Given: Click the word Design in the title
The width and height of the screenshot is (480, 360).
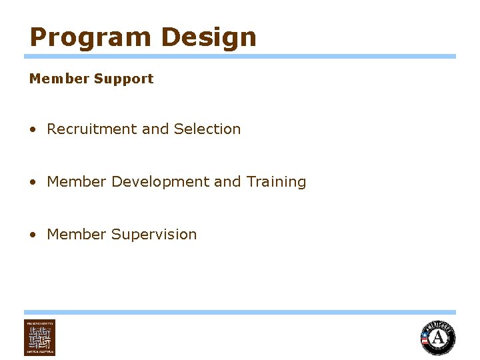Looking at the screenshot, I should click(209, 37).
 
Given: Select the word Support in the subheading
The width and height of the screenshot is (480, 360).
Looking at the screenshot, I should click(123, 79).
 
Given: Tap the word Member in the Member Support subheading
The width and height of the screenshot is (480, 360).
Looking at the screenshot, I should click(59, 79).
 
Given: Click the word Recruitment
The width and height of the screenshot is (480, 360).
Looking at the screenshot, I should click(92, 129).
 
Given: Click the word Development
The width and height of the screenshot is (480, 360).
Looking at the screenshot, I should click(160, 181).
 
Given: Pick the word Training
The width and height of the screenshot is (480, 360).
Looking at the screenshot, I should click(276, 182).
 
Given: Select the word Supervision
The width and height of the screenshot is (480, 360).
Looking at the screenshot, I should click(154, 235).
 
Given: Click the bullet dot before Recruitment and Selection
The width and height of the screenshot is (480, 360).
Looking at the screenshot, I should click(33, 130).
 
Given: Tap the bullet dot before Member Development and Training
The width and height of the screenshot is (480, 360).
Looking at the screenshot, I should click(33, 182).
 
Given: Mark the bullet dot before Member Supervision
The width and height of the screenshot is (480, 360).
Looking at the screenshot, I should click(33, 235).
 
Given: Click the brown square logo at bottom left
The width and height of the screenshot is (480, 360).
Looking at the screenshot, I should click(40, 337).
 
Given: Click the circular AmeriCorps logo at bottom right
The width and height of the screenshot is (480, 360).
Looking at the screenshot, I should click(438, 337).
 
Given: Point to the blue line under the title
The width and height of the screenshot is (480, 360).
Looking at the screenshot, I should click(240, 57).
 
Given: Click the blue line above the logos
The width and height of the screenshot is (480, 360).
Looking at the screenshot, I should click(240, 312).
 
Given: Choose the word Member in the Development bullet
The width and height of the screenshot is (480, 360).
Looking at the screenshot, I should click(77, 181).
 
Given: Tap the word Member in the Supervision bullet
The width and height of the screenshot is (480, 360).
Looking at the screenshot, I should click(77, 235).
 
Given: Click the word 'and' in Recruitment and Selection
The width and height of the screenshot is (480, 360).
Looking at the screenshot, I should click(155, 129).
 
